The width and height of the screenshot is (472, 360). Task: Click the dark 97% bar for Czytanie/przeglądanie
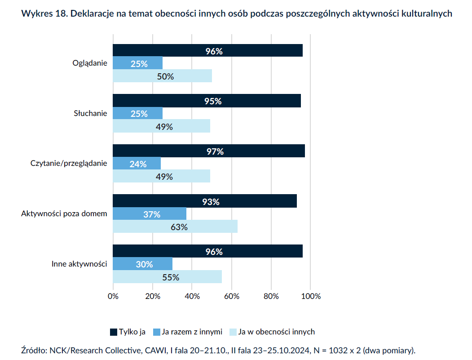click(209, 151)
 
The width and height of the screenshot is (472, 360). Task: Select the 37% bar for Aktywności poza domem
click(150, 214)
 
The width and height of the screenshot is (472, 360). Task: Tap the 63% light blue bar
click(175, 227)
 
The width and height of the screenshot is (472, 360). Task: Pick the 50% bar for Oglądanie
click(162, 76)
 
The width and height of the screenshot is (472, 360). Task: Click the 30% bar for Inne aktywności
click(142, 264)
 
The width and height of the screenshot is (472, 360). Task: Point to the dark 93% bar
click(205, 201)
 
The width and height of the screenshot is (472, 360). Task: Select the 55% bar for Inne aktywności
click(167, 277)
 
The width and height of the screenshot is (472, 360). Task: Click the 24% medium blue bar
click(137, 164)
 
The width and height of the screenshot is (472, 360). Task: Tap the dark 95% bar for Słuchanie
click(207, 101)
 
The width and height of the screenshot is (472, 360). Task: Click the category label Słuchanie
click(90, 113)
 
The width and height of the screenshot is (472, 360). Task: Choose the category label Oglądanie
click(90, 63)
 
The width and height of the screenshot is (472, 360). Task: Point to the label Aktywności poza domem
click(64, 213)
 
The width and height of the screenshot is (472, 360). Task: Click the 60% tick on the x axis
click(232, 296)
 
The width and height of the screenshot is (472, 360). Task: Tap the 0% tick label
click(113, 296)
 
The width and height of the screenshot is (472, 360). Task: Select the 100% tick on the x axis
click(311, 296)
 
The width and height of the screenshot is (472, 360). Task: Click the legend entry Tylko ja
click(128, 332)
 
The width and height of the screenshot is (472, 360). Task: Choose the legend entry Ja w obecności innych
click(272, 332)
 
